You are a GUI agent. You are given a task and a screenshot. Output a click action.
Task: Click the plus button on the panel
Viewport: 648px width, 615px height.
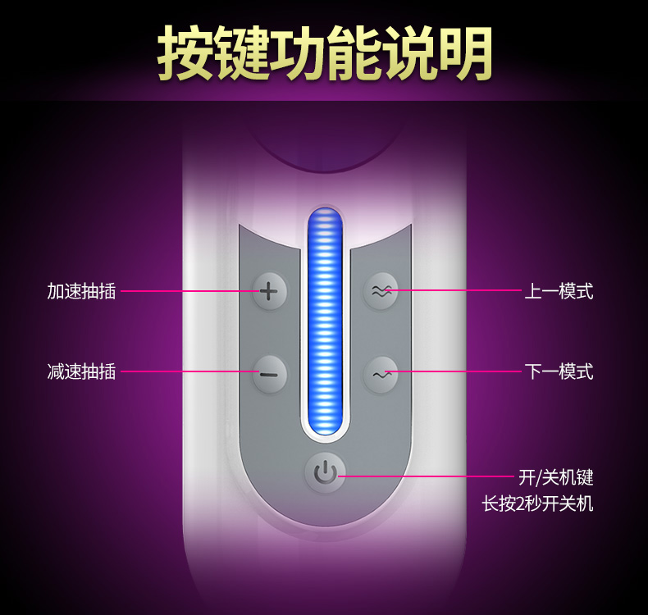click(269, 290)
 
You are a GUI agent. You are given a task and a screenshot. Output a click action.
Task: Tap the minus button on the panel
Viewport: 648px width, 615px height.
click(269, 375)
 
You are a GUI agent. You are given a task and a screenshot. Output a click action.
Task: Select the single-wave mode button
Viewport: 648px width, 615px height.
click(381, 375)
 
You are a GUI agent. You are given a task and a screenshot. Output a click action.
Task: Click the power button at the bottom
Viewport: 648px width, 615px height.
click(326, 473)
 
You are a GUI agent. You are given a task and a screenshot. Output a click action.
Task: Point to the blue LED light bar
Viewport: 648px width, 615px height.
click(325, 320)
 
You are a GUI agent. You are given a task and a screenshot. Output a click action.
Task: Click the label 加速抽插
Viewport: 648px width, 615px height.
click(81, 291)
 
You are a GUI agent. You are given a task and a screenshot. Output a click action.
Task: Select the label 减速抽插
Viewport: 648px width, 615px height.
click(81, 372)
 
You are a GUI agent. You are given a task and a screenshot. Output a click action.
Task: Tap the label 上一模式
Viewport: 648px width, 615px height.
click(559, 291)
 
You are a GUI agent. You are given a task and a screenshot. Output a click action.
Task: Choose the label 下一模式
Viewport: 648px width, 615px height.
click(559, 372)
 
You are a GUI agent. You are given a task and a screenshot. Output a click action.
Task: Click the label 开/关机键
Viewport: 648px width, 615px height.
click(555, 476)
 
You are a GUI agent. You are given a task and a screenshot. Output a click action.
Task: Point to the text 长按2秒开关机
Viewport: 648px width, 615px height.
click(537, 503)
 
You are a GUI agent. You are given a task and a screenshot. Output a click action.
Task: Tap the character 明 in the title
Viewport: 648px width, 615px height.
click(465, 54)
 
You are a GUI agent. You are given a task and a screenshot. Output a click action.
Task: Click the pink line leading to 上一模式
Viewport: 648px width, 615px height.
click(459, 290)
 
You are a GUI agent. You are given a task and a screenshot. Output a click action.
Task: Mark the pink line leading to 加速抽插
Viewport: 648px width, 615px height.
click(189, 290)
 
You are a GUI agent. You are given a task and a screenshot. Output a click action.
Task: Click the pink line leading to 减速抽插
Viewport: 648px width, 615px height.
click(189, 372)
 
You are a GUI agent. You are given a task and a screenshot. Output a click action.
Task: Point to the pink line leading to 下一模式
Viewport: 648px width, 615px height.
click(459, 372)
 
